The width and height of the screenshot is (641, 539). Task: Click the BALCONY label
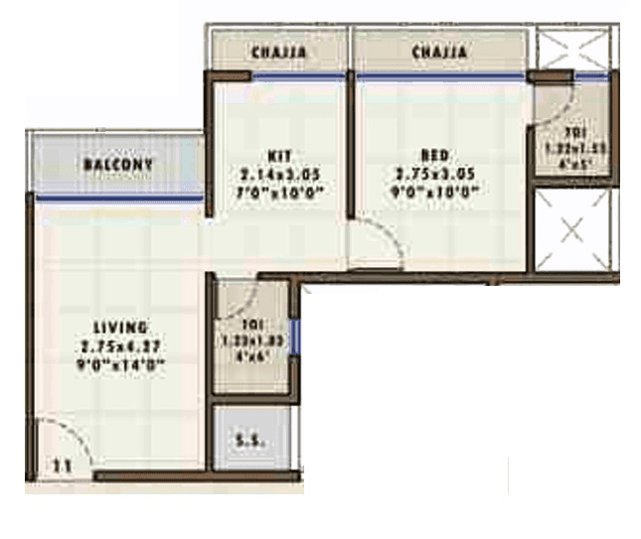(118, 163)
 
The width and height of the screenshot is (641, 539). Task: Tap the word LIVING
(120, 327)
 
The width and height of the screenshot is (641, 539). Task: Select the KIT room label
(278, 156)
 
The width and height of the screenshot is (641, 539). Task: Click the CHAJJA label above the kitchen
(278, 52)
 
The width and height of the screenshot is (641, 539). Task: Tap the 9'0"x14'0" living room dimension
(121, 364)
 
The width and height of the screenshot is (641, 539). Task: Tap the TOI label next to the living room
(253, 323)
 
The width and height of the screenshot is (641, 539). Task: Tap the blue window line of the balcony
(118, 199)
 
